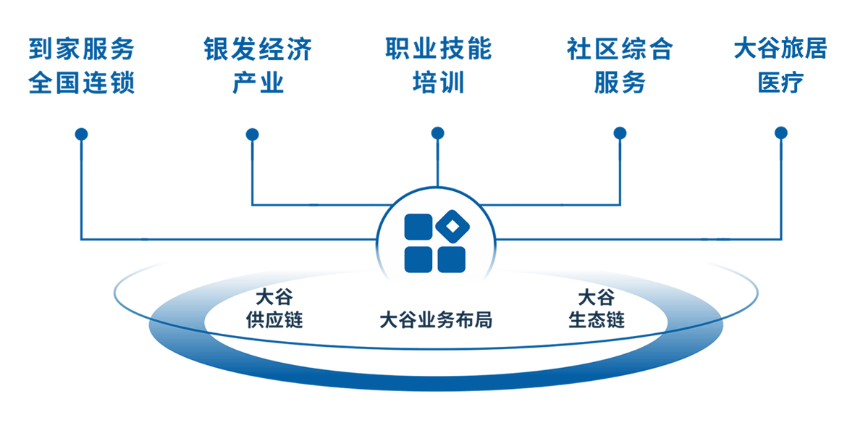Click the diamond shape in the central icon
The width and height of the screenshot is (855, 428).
coord(452,227)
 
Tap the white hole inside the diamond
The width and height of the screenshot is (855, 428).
coord(452,227)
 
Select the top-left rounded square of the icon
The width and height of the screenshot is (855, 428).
coord(418,227)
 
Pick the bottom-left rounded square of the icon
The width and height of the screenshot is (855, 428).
coord(418,259)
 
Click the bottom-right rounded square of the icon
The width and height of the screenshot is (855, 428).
coord(451,259)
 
